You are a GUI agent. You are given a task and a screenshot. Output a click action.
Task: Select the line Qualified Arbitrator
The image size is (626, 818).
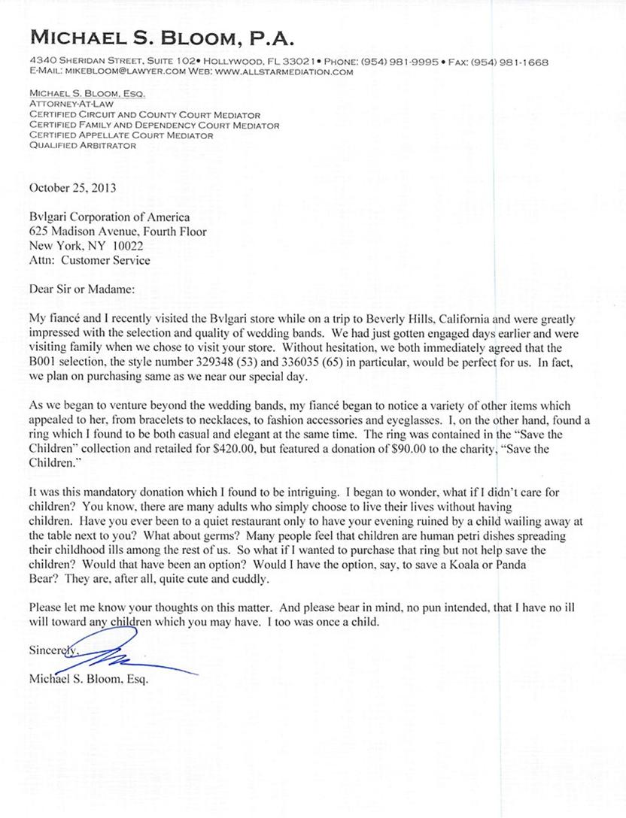(82, 146)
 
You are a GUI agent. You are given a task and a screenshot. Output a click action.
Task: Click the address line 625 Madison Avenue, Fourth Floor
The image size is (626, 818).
(117, 233)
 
